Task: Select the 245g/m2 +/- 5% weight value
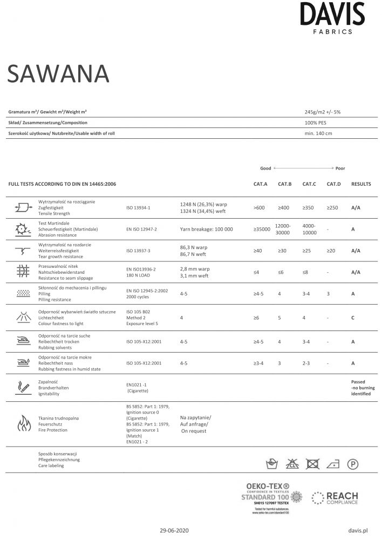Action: pos(322,112)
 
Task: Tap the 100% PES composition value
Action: pos(316,123)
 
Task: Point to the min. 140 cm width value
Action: pos(318,133)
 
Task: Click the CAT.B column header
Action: pos(284,184)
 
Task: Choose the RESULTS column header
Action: pos(361,184)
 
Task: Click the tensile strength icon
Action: pos(23,207)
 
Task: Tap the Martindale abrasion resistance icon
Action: pos(23,229)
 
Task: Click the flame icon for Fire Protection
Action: pos(24,423)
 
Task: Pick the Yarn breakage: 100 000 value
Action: pos(206,230)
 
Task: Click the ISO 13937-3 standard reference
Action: pos(138,251)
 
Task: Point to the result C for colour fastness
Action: pos(352,318)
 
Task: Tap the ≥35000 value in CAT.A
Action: pos(261,230)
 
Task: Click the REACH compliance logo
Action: pos(335,498)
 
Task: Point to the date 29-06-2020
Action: pos(175,531)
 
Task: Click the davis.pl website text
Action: pos(358,531)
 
